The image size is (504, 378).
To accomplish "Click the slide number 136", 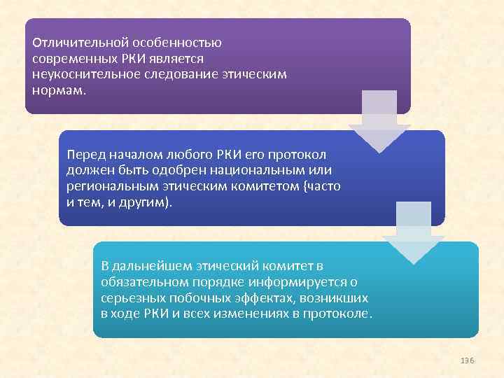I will click(468, 360).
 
